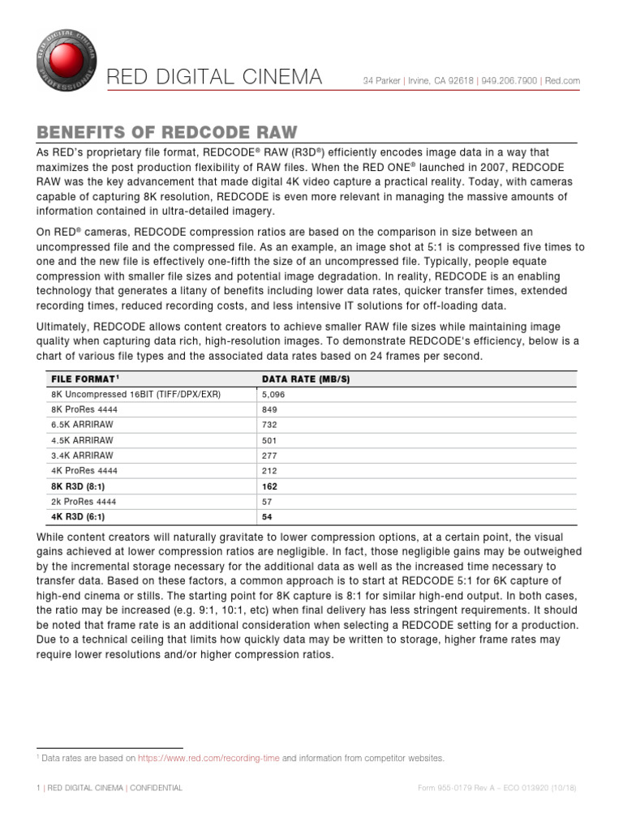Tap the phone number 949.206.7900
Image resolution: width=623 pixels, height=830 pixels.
[x=509, y=80]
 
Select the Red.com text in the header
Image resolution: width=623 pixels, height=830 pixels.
[x=562, y=80]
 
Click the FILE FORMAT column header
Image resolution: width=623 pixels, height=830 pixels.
[x=85, y=379]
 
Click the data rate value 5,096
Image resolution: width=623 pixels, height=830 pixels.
[x=273, y=394]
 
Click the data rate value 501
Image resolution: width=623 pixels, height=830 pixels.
[x=269, y=440]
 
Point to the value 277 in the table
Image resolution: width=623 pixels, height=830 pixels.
[x=269, y=456]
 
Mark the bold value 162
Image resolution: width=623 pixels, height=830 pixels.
[x=269, y=486]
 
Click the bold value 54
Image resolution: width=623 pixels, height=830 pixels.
[x=267, y=516]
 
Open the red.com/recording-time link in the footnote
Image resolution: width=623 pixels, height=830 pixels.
[x=208, y=758]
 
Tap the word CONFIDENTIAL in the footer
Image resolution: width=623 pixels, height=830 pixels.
[x=156, y=788]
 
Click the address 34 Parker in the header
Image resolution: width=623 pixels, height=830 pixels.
[x=381, y=80]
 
